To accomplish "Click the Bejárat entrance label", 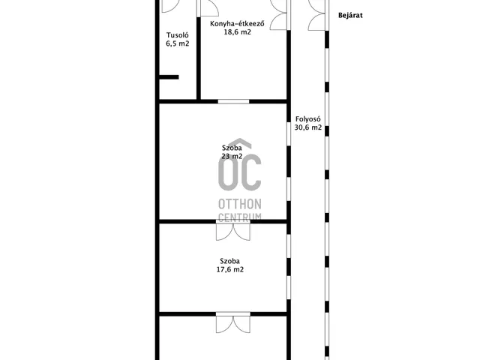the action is click(350, 15).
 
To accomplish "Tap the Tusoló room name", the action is click(178, 35).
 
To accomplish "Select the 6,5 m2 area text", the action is click(178, 43).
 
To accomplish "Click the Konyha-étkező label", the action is click(237, 23).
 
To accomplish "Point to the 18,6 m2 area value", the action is click(238, 31).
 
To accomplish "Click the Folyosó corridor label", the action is click(308, 119).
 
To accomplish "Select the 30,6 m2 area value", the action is click(308, 127).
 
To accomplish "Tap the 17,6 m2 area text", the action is click(230, 269).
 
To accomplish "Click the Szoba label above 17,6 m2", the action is click(230, 261).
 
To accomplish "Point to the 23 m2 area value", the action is click(232, 156).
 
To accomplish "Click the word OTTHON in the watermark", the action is click(240, 204).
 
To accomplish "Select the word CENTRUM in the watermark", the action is click(240, 217).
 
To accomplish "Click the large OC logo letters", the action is click(240, 172).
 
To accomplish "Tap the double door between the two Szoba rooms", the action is click(233, 230).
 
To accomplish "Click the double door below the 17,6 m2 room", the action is click(233, 322).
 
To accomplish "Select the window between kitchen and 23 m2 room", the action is click(233, 101).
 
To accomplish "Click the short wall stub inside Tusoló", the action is click(169, 77).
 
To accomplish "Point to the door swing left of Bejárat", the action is click(316, 15).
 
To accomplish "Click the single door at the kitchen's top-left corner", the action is click(210, 8).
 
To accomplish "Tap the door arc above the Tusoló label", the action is click(170, 6).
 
